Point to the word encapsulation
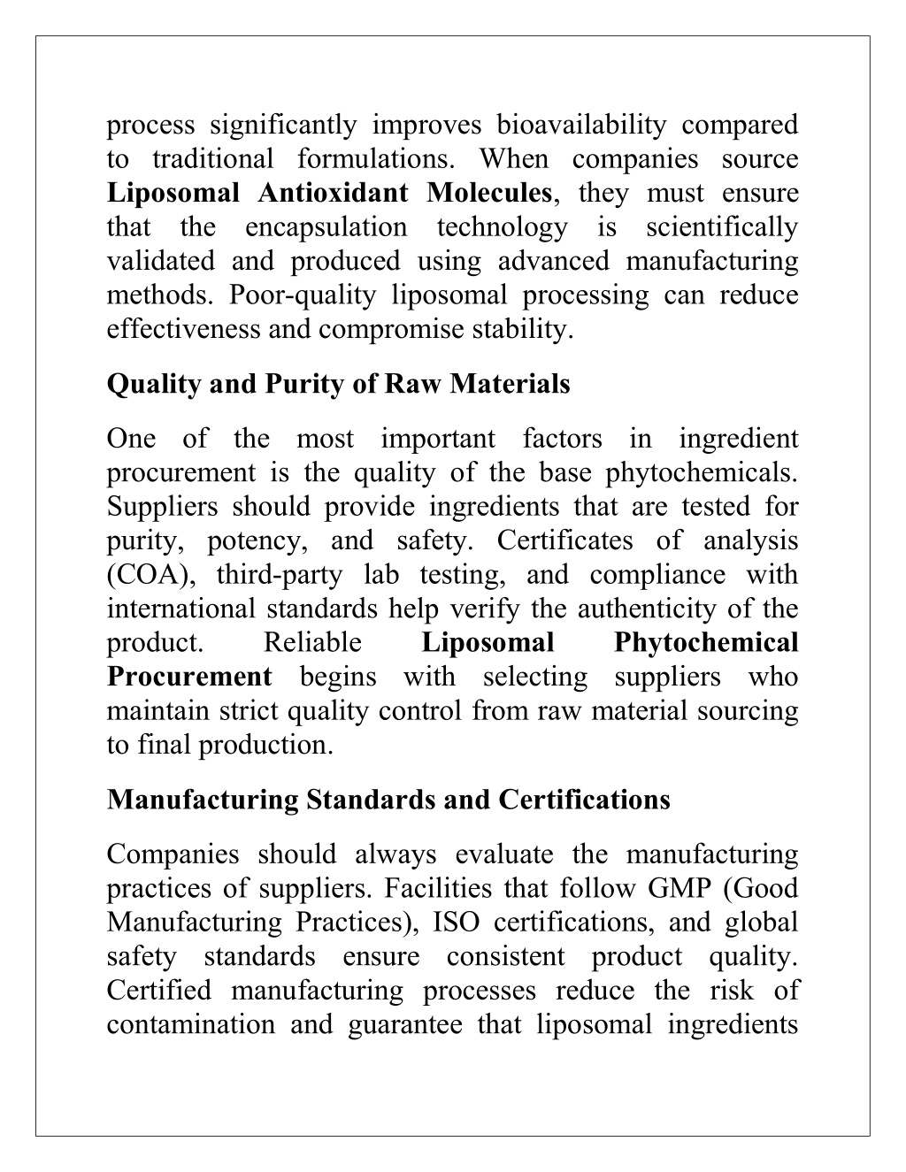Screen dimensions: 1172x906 326,227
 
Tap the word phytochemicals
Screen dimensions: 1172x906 701,473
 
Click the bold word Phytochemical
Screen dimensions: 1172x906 705,643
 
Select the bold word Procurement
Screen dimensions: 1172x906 189,678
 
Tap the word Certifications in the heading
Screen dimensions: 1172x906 584,800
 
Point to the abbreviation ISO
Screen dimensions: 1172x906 457,923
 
